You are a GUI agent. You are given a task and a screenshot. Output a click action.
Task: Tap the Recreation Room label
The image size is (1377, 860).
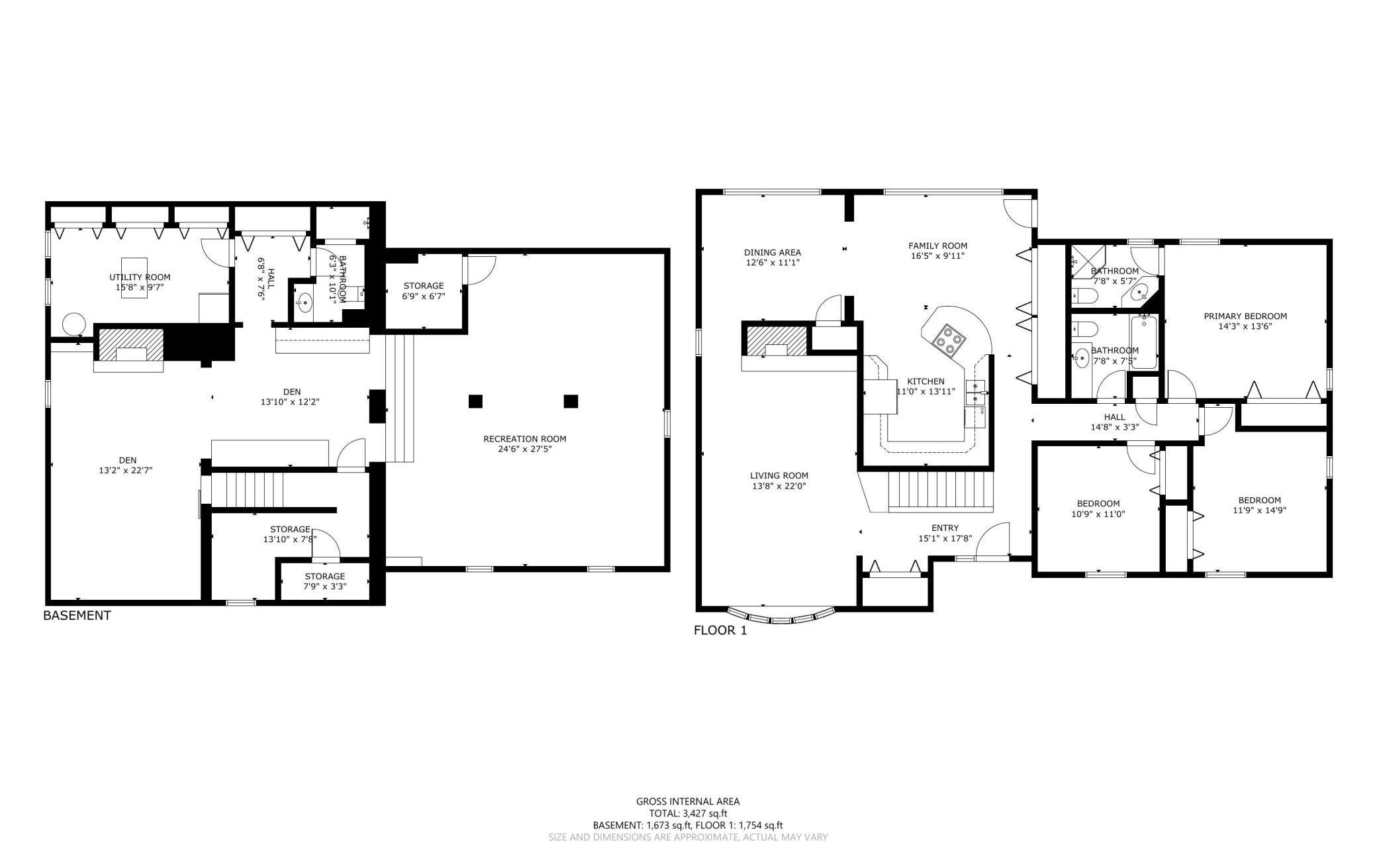[524, 439]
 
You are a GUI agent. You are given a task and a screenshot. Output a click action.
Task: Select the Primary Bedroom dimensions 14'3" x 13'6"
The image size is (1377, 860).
[1245, 326]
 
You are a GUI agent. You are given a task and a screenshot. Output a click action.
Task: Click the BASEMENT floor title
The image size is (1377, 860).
[77, 616]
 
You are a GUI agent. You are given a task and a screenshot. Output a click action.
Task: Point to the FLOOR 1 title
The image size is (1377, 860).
[720, 631]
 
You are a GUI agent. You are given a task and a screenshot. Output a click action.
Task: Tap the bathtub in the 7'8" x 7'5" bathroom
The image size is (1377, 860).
[1145, 343]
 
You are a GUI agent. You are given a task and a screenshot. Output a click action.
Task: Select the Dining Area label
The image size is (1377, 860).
[773, 252]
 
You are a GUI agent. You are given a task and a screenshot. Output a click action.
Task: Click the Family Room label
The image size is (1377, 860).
[938, 246]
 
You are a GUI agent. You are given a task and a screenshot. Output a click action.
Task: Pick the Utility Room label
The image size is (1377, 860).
[140, 277]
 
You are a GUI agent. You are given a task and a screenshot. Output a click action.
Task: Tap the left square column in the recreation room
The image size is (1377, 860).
[475, 401]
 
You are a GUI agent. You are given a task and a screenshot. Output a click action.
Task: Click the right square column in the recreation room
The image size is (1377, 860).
[571, 401]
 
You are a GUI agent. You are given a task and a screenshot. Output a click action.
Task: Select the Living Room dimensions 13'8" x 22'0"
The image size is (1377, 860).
[779, 487]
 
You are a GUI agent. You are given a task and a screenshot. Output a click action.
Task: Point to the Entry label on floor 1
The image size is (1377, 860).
[945, 528]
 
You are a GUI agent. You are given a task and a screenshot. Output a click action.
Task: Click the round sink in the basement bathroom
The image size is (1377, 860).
[305, 304]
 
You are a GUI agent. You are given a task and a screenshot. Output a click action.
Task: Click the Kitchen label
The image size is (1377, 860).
[926, 381]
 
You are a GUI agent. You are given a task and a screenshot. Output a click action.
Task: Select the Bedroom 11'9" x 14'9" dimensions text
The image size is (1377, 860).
[1260, 510]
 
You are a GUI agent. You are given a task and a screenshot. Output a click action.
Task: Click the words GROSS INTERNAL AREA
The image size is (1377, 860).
[688, 802]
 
